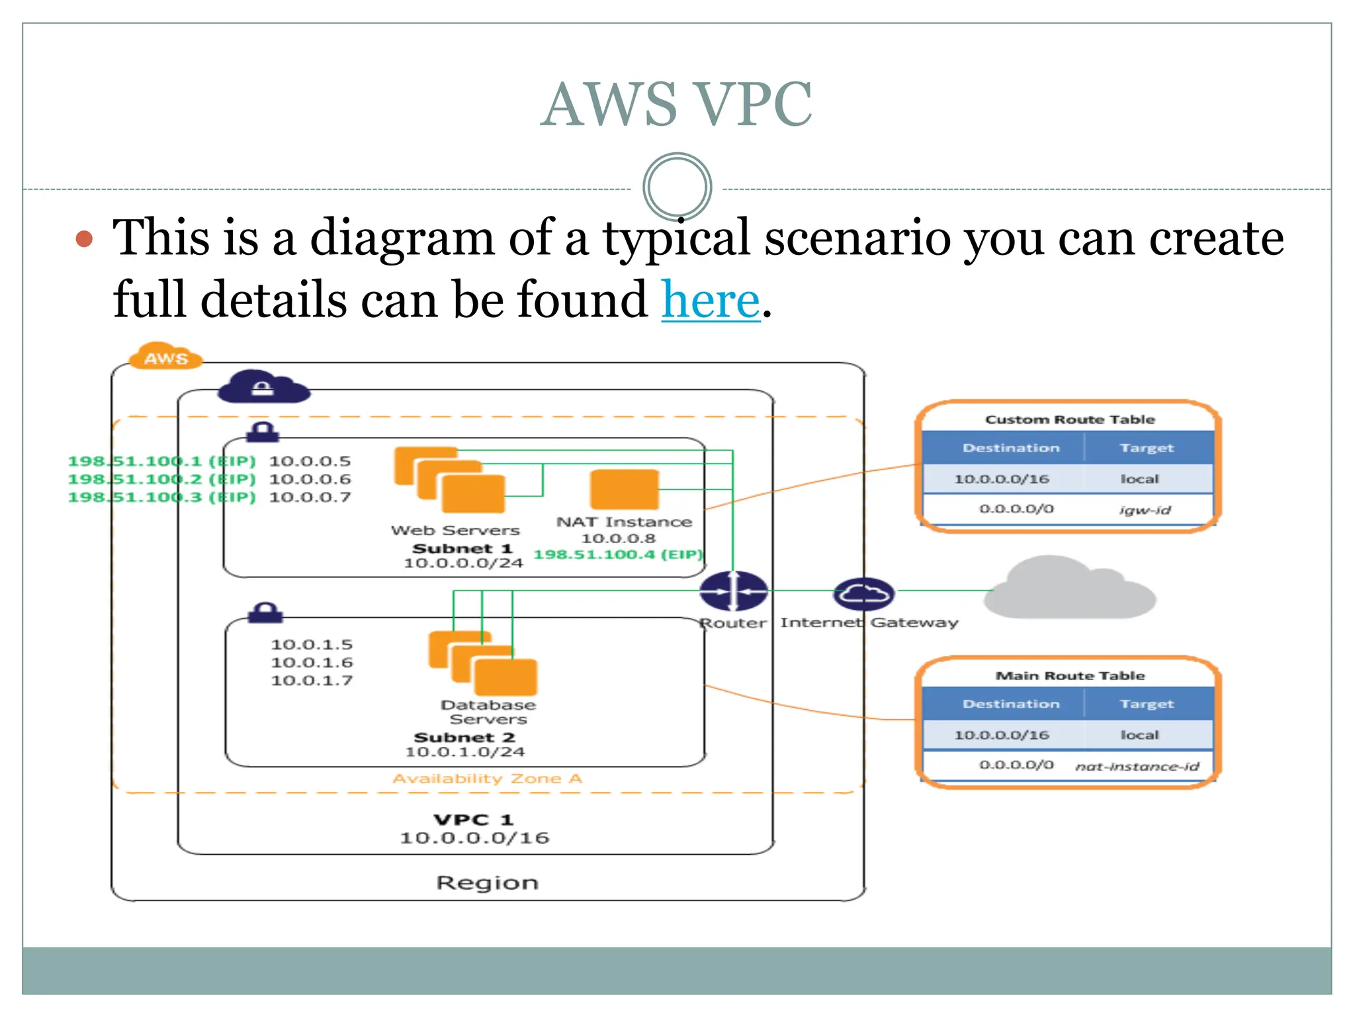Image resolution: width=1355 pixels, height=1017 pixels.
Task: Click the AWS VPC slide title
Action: pyautogui.click(x=676, y=104)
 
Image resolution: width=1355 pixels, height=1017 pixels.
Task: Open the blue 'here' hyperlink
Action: pyautogui.click(x=711, y=299)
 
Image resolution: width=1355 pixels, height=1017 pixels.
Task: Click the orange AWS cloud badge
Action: pyautogui.click(x=165, y=358)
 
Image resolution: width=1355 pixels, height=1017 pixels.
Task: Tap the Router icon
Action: pyautogui.click(x=733, y=591)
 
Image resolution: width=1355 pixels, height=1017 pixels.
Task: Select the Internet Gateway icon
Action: pyautogui.click(x=863, y=593)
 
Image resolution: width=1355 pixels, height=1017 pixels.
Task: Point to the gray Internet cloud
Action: pyautogui.click(x=1070, y=589)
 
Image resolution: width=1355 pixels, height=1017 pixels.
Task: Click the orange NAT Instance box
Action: pyautogui.click(x=625, y=489)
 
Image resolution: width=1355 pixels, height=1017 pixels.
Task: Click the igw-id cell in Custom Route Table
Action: pyautogui.click(x=1145, y=510)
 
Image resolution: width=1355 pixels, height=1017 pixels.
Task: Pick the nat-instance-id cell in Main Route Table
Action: pyautogui.click(x=1137, y=766)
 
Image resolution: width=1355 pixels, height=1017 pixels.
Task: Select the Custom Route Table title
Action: pyautogui.click(x=1070, y=419)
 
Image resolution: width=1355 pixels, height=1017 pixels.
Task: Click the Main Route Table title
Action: pyautogui.click(x=1070, y=675)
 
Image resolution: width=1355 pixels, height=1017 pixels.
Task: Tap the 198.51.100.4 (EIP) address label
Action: pyautogui.click(x=618, y=554)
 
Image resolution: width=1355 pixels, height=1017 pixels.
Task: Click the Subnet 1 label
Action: pyautogui.click(x=462, y=548)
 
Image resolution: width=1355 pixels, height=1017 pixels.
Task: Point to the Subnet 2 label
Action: pyautogui.click(x=464, y=737)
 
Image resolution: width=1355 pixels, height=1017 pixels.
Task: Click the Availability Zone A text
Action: pyautogui.click(x=487, y=779)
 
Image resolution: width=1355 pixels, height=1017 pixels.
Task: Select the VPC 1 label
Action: pyautogui.click(x=474, y=820)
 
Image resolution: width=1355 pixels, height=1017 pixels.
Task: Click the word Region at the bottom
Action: pyautogui.click(x=487, y=883)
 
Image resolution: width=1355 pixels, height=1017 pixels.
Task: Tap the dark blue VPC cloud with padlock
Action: pyautogui.click(x=263, y=387)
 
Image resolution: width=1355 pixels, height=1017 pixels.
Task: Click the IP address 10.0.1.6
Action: pyautogui.click(x=312, y=662)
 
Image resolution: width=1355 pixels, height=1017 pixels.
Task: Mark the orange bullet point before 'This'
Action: pyautogui.click(x=84, y=238)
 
